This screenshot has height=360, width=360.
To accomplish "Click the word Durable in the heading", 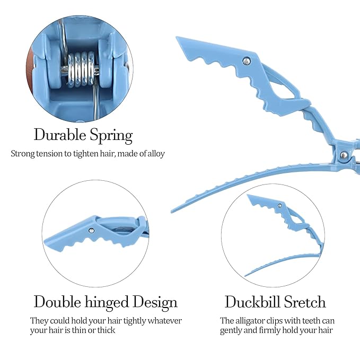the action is (60, 135).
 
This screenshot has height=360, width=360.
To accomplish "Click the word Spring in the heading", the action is (111, 136).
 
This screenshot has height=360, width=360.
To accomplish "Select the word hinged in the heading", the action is (107, 303).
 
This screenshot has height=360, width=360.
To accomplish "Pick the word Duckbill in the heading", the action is (252, 302).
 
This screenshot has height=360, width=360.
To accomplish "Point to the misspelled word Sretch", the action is (305, 302).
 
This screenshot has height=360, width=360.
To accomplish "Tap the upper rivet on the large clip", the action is (247, 61).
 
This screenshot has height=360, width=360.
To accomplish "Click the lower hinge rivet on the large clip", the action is (344, 155).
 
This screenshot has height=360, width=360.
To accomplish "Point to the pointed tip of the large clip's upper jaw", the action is (177, 38).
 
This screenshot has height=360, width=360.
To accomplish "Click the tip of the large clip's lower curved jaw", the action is (172, 211).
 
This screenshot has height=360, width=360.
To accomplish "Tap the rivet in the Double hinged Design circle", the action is (91, 230).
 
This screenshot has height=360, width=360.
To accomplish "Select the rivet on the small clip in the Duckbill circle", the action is (279, 206).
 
